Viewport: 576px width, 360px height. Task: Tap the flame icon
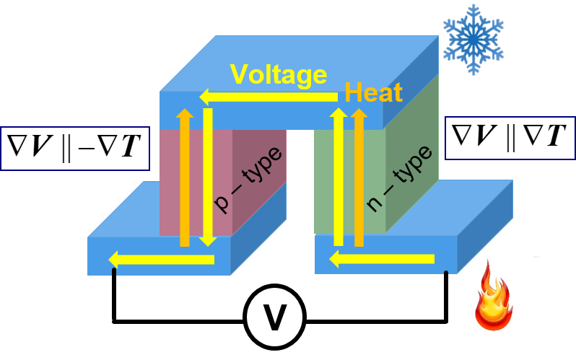(493, 296)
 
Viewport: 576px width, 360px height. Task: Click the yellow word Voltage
(279, 74)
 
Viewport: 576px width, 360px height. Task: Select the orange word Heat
(373, 93)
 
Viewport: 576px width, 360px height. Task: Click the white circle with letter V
(274, 318)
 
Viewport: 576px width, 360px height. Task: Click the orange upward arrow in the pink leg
(185, 177)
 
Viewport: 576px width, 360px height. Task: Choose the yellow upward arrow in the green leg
(338, 177)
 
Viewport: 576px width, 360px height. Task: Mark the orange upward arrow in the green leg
(359, 177)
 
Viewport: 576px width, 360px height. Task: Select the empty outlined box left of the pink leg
(74, 149)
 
